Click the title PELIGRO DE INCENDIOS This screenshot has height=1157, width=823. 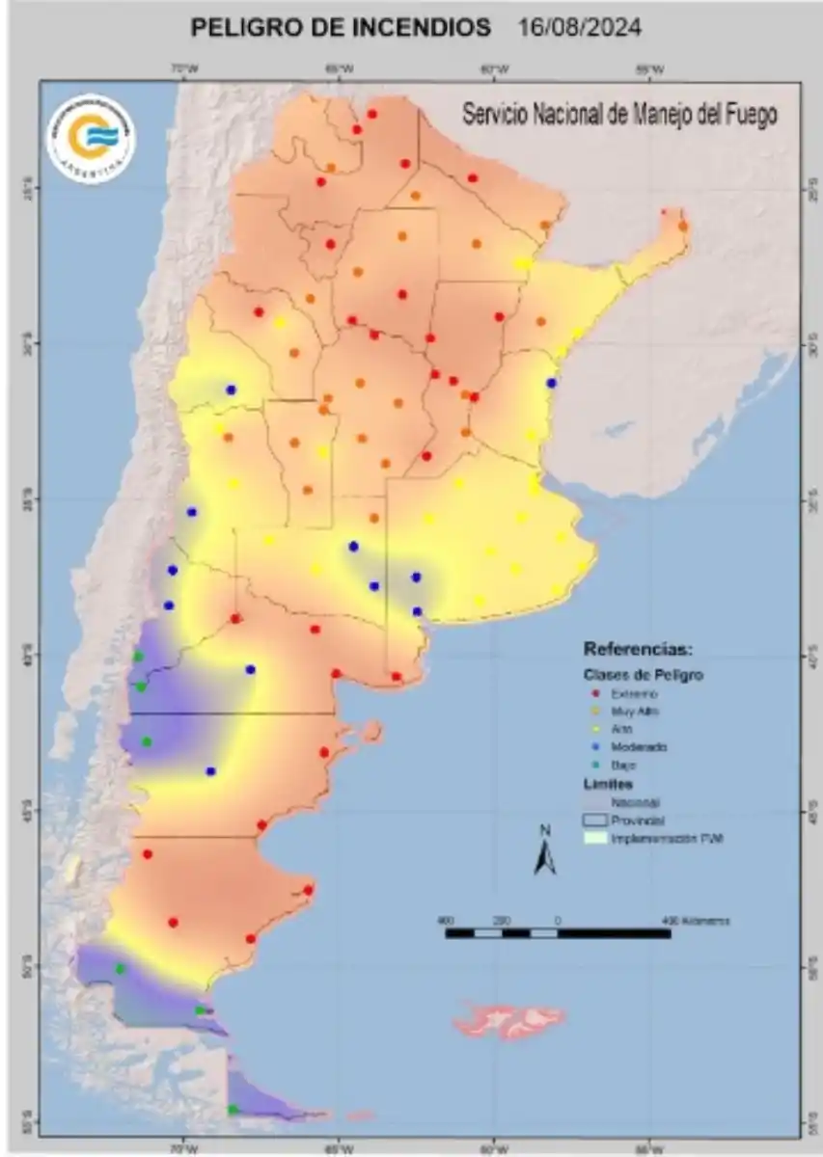point(341,28)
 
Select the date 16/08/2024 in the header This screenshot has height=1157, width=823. point(580,28)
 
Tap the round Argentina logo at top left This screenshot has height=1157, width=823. point(92,139)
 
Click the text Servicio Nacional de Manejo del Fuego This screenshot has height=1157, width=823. point(619,115)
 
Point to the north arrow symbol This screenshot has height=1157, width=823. point(545,852)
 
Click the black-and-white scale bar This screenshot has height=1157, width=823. point(558,933)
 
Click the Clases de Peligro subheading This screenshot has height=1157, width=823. point(644,675)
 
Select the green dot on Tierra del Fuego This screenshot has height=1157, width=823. point(233,1110)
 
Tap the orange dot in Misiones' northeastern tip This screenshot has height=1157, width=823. point(683,226)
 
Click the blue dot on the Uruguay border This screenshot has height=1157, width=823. point(552,383)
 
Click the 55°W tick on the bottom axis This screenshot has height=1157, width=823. point(649,1149)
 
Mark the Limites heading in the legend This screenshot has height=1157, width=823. point(609,784)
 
